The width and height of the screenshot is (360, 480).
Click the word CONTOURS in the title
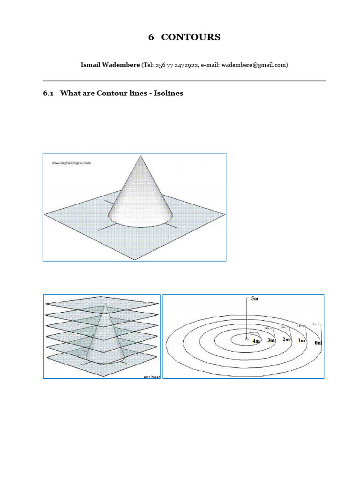click(x=190, y=37)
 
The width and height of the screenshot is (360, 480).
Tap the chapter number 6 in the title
click(x=151, y=37)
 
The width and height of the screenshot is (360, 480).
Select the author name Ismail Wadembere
click(x=110, y=65)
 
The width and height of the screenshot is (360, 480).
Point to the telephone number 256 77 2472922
click(x=176, y=65)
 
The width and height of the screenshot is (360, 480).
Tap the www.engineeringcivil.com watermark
click(x=71, y=163)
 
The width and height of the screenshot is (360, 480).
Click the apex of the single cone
click(x=140, y=156)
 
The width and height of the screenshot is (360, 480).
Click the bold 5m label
click(x=255, y=299)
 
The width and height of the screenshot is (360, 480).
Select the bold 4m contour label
click(x=256, y=341)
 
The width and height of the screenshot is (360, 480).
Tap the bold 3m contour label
click(x=271, y=340)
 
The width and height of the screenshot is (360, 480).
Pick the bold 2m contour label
click(x=286, y=339)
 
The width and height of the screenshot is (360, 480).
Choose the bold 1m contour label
click(x=301, y=341)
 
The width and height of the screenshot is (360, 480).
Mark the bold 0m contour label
click(x=318, y=343)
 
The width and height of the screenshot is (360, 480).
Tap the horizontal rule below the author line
click(x=184, y=81)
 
